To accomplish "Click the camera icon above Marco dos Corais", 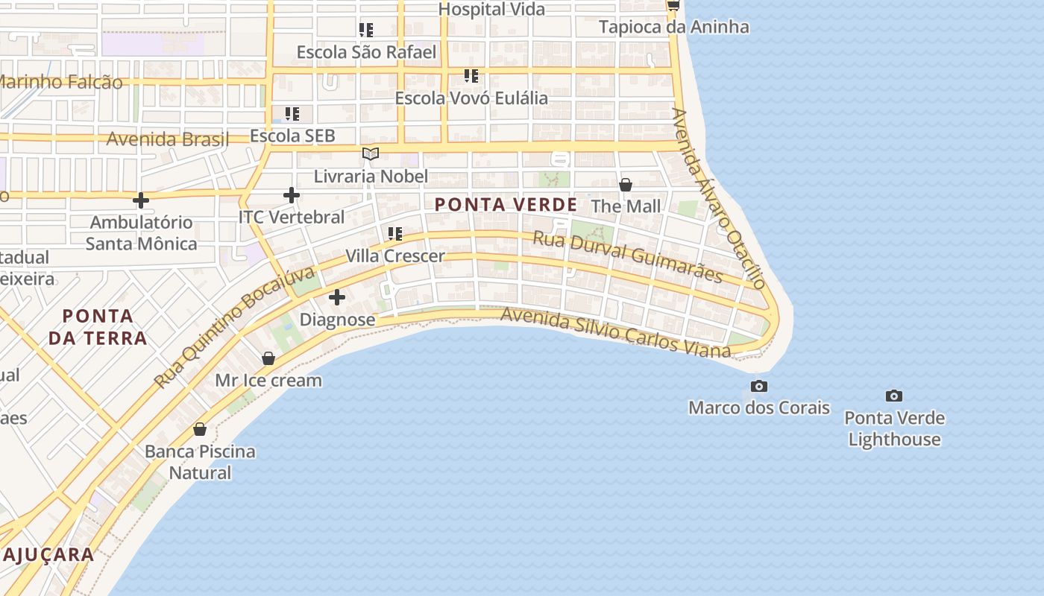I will pyautogui.click(x=759, y=386).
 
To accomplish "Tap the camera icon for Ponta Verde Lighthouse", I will pyautogui.click(x=893, y=396).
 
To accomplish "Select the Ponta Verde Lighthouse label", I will pyautogui.click(x=894, y=428).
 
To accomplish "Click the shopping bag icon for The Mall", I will pyautogui.click(x=626, y=184).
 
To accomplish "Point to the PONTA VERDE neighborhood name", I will pyautogui.click(x=506, y=204).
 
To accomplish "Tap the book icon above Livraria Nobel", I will pyautogui.click(x=371, y=154).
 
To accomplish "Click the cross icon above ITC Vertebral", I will pyautogui.click(x=292, y=195).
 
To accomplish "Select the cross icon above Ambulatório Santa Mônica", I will pyautogui.click(x=141, y=200).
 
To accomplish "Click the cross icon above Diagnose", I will pyautogui.click(x=337, y=297).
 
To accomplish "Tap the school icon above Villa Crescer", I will pyautogui.click(x=395, y=234).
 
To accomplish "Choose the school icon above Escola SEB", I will pyautogui.click(x=292, y=114).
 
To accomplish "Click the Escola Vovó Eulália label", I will pyautogui.click(x=471, y=98).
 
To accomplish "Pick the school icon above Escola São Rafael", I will pyautogui.click(x=366, y=30).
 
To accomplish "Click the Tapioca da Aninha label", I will pyautogui.click(x=673, y=27).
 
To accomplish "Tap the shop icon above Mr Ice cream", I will pyautogui.click(x=268, y=358).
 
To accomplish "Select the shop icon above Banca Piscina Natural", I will pyautogui.click(x=200, y=429).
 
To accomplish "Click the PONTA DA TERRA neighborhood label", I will pyautogui.click(x=98, y=326).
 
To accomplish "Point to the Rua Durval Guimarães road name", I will pyautogui.click(x=627, y=257).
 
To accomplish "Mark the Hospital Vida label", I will pyautogui.click(x=491, y=9).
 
